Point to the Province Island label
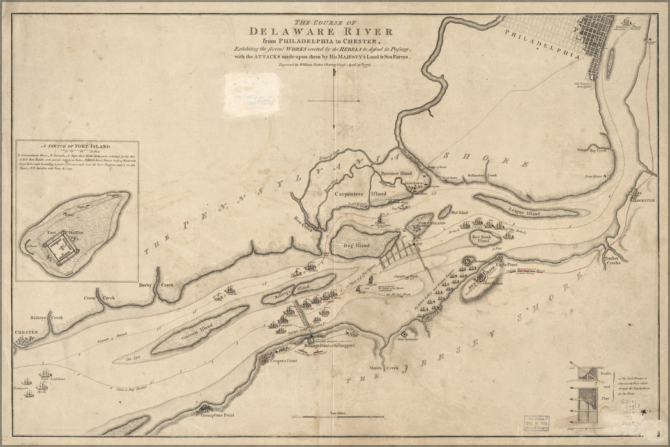(397, 174)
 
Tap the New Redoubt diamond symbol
(403, 333)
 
